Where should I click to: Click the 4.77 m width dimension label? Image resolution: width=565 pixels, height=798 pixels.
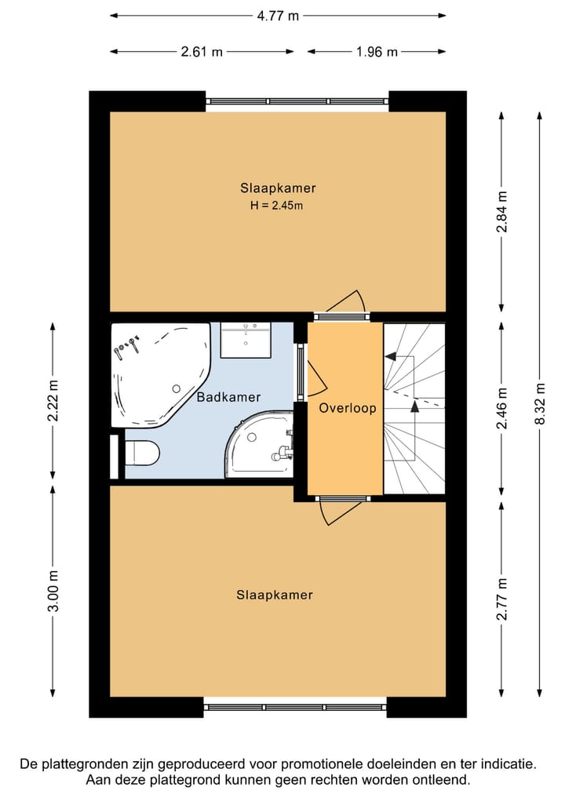(x=278, y=16)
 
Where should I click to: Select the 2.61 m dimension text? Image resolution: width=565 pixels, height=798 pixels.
(x=202, y=52)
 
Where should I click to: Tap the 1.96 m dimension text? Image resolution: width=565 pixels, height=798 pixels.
(x=377, y=52)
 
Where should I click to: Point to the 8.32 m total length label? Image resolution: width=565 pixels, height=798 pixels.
(x=540, y=403)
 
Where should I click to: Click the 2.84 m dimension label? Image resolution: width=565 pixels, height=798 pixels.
(x=502, y=212)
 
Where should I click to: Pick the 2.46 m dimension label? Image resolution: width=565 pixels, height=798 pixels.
(x=502, y=408)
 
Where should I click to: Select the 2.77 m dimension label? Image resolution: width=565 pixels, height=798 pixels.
(x=502, y=599)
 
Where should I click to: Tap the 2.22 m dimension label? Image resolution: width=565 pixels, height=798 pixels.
(x=53, y=400)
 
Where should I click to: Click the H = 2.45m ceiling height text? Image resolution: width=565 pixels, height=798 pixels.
(x=276, y=206)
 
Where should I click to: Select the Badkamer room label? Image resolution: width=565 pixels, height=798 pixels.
(x=228, y=397)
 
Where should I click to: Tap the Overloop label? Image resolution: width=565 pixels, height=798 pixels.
(x=348, y=408)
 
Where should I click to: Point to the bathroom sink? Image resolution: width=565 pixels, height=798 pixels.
(x=246, y=340)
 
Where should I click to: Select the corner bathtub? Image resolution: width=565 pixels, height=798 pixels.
(x=160, y=374)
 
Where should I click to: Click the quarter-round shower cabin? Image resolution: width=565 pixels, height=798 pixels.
(x=261, y=445)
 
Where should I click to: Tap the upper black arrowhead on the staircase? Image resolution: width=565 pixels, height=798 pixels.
(x=391, y=356)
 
